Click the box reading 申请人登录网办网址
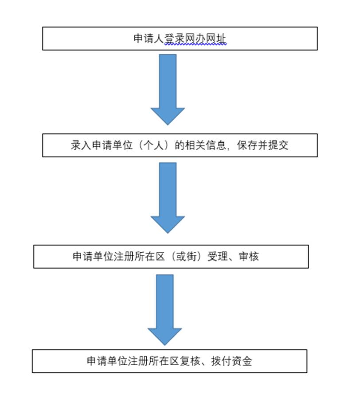pos(180,38)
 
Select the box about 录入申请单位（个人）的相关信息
pos(180,145)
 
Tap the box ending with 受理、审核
pos(171,257)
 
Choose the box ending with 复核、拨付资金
pos(169,361)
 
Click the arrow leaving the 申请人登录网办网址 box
pos(167,89)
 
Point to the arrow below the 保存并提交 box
pos(167,197)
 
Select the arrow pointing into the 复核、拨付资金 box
pos(164,309)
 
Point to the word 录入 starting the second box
pos(80,145)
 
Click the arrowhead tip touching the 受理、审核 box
pos(167,232)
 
